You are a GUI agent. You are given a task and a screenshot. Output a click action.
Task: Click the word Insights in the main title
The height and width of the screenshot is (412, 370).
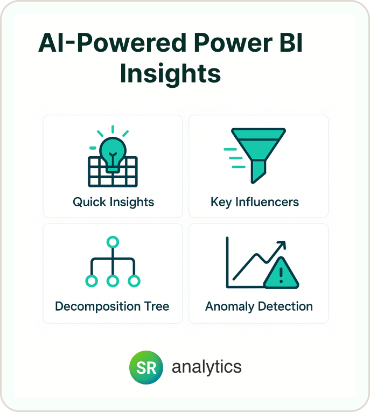click(x=170, y=74)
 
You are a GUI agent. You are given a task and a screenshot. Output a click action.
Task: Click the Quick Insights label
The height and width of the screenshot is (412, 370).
click(x=113, y=202)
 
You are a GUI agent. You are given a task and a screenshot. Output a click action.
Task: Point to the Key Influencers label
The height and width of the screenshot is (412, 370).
click(x=255, y=202)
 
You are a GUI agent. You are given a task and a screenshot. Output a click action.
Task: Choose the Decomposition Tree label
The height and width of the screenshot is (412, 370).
click(x=112, y=306)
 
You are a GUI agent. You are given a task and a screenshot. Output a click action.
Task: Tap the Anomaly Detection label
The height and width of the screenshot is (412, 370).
click(x=259, y=306)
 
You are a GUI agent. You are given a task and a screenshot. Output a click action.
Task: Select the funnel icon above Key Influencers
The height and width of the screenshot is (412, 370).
click(x=259, y=155)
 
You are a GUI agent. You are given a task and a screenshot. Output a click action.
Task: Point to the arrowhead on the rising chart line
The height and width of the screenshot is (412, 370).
click(x=282, y=245)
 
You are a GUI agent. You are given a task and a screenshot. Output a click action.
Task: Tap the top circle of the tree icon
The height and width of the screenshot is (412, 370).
click(x=113, y=242)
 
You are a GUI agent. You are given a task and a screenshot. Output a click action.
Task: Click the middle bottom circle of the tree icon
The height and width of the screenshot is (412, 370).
click(x=113, y=281)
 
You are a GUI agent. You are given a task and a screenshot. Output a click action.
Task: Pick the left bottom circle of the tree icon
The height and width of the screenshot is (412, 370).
click(x=92, y=281)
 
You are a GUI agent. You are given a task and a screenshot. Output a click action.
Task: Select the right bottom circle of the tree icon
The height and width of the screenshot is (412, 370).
click(x=134, y=281)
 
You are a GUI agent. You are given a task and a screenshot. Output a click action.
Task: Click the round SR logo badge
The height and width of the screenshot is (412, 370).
click(x=146, y=367)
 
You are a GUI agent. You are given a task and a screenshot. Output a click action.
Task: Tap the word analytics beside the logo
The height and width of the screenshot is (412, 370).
click(x=207, y=367)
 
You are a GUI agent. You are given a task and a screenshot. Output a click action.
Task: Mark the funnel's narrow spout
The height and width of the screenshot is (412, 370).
click(x=258, y=171)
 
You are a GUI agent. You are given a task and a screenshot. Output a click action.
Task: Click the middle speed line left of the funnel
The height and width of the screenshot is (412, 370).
click(x=236, y=158)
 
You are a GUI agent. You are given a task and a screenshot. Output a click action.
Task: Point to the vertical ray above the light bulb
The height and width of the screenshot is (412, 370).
click(x=113, y=129)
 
